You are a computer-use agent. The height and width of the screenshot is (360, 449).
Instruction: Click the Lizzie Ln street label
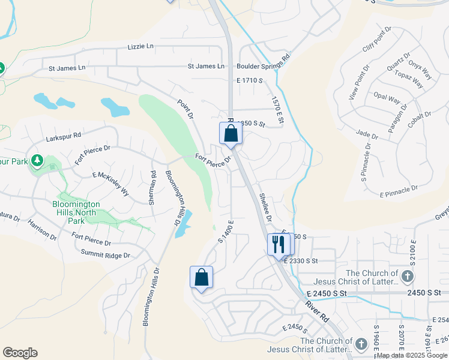click(x=140, y=46)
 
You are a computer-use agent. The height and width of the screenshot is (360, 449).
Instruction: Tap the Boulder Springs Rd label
click(x=263, y=66)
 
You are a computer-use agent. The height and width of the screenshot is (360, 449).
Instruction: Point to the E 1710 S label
click(x=250, y=80)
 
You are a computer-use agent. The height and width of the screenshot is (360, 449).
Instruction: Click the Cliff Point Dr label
click(x=377, y=39)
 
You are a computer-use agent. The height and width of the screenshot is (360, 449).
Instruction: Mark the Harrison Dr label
click(x=41, y=230)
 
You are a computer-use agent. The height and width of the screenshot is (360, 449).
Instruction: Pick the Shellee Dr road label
click(x=265, y=207)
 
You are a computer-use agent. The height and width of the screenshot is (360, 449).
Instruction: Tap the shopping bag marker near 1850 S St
click(x=231, y=133)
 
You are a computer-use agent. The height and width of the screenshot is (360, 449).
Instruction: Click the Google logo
click(x=20, y=353)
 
